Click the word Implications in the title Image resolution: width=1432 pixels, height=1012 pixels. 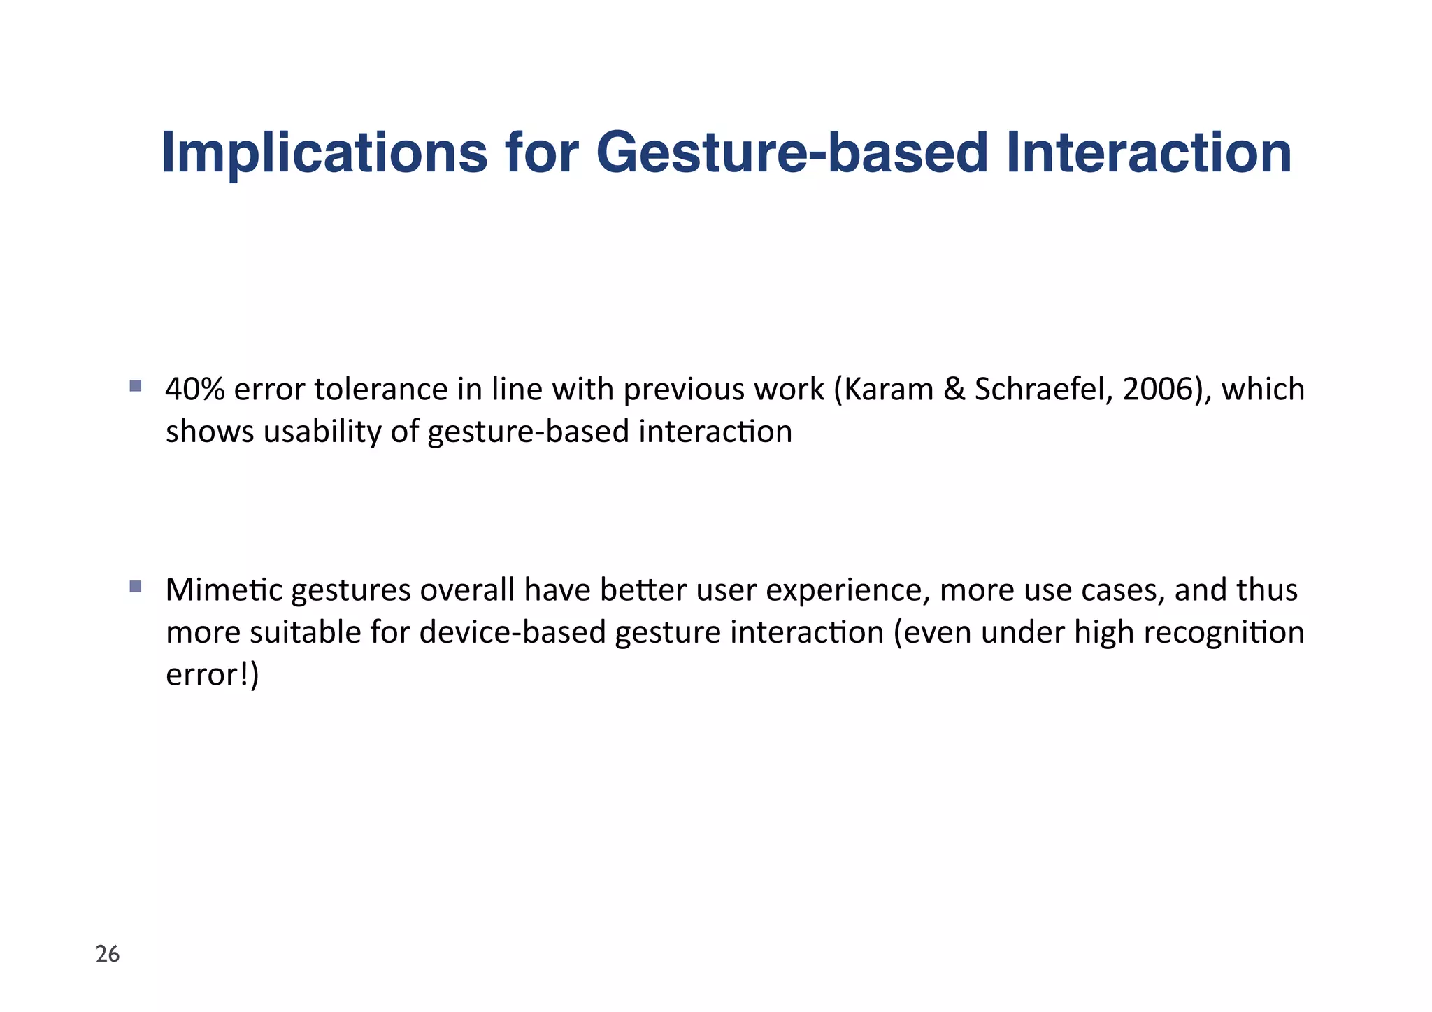point(324,154)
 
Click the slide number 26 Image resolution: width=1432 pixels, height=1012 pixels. point(108,954)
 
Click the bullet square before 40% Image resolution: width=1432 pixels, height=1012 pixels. point(136,385)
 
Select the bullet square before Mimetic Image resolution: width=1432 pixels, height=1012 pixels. point(136,586)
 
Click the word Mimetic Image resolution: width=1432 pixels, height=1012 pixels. point(224,590)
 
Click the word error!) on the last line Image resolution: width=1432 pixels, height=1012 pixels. point(212,675)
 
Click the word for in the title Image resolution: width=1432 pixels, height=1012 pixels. point(541,154)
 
